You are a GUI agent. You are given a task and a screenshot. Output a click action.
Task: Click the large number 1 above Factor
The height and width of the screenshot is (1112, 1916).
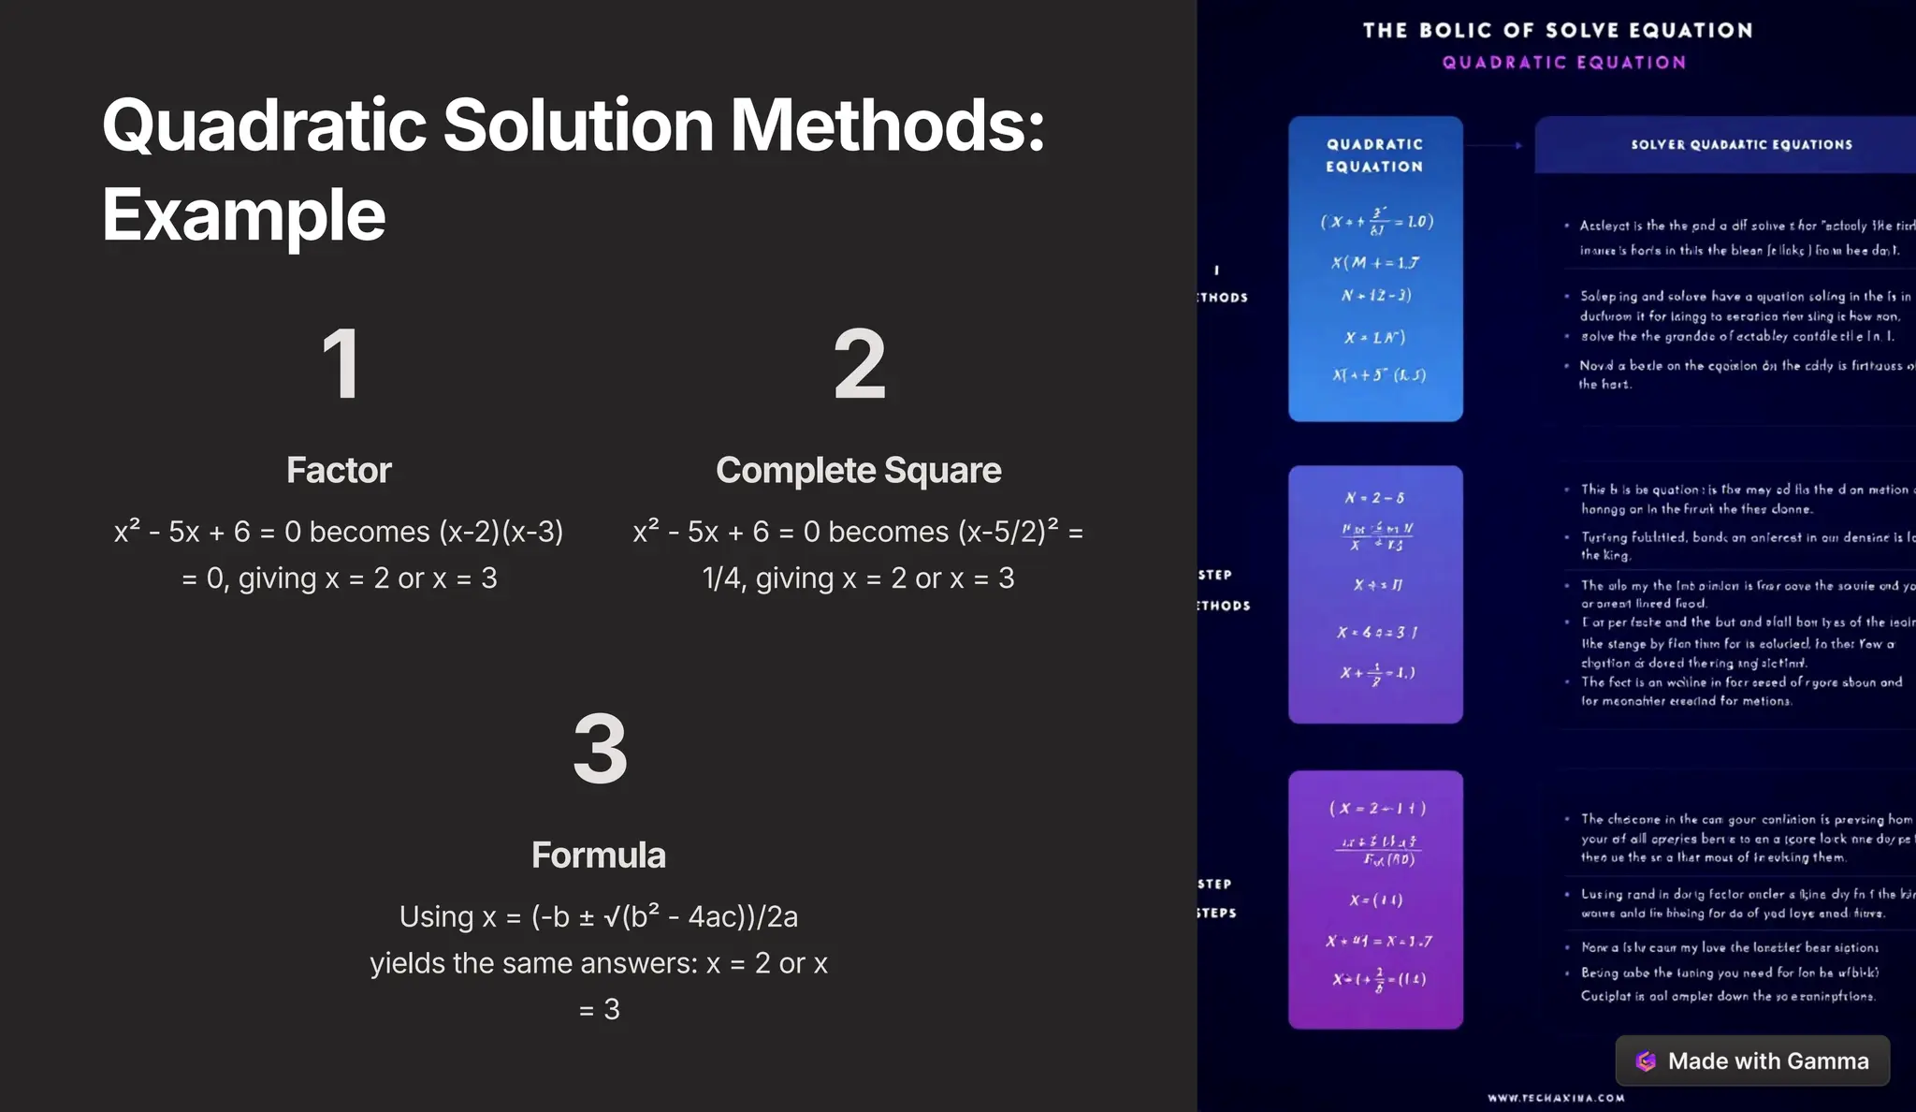(x=341, y=365)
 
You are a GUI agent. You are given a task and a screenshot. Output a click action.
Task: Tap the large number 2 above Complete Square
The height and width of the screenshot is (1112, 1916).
(x=859, y=365)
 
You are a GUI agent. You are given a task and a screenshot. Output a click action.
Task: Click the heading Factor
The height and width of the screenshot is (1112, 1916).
(x=339, y=470)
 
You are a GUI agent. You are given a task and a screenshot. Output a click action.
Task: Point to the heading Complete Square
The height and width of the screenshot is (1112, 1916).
(x=858, y=470)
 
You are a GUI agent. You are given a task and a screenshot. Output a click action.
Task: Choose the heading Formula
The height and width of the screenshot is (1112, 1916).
(x=599, y=855)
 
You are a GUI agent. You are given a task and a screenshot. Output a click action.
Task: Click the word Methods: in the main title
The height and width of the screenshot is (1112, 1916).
(x=887, y=125)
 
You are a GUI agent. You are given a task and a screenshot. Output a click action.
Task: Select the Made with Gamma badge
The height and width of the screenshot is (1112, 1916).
(x=1752, y=1061)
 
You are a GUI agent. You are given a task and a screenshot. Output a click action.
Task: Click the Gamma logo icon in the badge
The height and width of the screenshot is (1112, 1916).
(x=1646, y=1061)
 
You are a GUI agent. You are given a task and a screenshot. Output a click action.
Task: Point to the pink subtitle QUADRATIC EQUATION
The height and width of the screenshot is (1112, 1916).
(x=1563, y=63)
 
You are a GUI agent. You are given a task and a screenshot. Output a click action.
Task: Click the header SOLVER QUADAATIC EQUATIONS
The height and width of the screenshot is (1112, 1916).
(x=1741, y=144)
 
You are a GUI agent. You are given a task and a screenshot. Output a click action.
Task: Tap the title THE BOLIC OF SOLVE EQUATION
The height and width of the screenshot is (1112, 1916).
(x=1558, y=30)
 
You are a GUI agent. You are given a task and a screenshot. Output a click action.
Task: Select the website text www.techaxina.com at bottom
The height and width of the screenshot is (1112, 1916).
(x=1556, y=1098)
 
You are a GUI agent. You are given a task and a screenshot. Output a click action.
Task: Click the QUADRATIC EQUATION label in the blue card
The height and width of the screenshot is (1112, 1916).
(x=1374, y=155)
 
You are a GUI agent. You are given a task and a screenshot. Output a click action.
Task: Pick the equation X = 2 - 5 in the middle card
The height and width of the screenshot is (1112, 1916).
(x=1374, y=498)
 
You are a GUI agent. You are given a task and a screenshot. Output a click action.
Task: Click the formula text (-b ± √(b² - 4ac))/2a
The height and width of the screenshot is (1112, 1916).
(x=664, y=916)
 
